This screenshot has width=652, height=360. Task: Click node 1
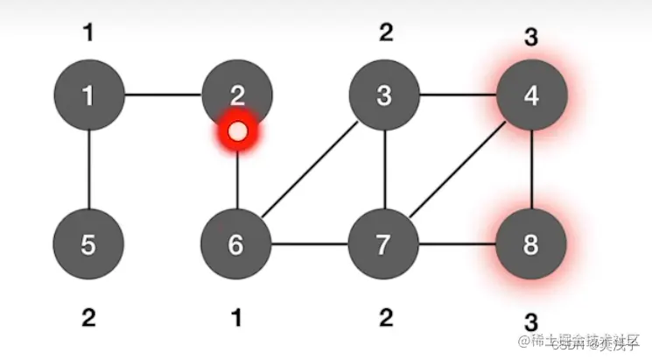coord(88,95)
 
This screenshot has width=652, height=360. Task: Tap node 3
coord(384,95)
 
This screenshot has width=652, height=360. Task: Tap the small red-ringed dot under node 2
coord(236,133)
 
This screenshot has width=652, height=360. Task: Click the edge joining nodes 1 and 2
coord(162,95)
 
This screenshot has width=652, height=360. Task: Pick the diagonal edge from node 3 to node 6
coord(310,169)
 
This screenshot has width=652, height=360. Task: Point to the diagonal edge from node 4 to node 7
coord(458,169)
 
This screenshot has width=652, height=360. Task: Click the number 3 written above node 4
coord(531,38)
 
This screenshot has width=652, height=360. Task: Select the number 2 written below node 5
coord(88,318)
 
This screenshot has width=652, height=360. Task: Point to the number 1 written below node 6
coord(236,318)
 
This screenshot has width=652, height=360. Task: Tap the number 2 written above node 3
coord(386,33)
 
